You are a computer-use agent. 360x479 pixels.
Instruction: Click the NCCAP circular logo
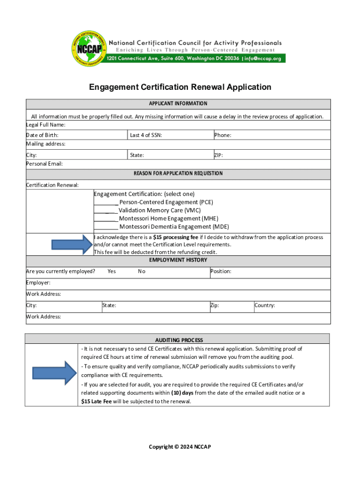[x=88, y=48]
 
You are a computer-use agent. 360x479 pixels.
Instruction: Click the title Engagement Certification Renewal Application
[x=180, y=87]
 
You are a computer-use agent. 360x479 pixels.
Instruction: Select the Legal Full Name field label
[x=45, y=125]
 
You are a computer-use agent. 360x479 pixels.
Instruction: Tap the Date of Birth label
[x=42, y=135]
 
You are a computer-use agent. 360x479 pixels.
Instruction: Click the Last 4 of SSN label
[x=146, y=135]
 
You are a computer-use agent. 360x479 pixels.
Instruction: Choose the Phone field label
[x=223, y=135]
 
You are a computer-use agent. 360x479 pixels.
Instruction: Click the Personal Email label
[x=44, y=164]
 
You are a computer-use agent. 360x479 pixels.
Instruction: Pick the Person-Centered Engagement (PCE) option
[x=166, y=202]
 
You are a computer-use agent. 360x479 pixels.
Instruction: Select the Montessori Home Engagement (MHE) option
[x=162, y=218]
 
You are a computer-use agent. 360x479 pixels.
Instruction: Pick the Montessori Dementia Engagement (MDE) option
[x=167, y=227]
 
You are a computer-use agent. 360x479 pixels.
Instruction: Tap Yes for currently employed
[x=112, y=271]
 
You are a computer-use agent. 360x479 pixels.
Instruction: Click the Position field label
[x=221, y=271]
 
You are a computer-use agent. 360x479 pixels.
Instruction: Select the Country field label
[x=264, y=305]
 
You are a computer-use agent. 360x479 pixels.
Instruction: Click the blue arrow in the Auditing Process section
[x=54, y=373]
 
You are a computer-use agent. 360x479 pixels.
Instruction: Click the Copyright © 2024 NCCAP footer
[x=180, y=447]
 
